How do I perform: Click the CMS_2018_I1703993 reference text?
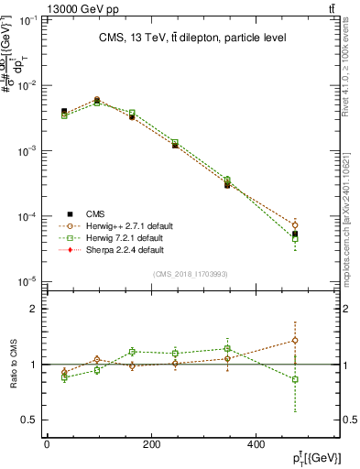tap(191, 273)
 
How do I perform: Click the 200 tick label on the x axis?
tap(151, 444)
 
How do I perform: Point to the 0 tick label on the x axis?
tap(47, 444)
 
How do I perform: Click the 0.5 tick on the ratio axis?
tap(28, 420)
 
